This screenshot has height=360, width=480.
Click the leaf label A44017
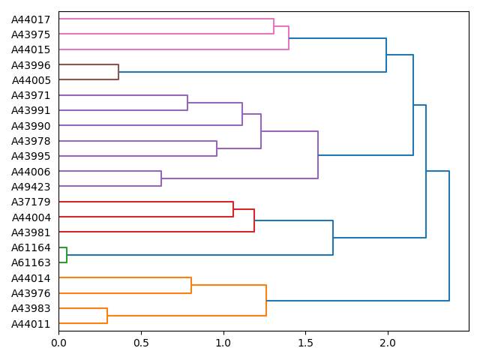point(31,19)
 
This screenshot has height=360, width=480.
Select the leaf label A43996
point(31,64)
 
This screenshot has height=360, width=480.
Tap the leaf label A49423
point(31,187)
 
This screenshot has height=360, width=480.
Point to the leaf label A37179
point(31,202)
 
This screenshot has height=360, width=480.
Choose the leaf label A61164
point(31,247)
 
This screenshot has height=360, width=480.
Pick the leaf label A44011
point(31,324)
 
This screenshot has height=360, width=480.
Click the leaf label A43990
point(31,125)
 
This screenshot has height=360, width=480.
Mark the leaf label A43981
point(31,232)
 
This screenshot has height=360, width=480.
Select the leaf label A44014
point(31,278)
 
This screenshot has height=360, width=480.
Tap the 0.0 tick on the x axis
point(58,343)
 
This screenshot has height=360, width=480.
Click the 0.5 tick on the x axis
point(141,343)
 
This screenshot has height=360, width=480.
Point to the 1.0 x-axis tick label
point(223,343)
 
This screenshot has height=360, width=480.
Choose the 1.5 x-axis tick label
point(305,343)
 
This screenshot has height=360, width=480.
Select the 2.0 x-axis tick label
point(387,343)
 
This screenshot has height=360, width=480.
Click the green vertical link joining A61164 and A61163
point(67,255)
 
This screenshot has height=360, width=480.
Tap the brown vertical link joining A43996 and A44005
point(118,72)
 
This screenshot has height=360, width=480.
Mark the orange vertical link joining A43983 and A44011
point(107,316)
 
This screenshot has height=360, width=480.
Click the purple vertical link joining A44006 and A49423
point(161,178)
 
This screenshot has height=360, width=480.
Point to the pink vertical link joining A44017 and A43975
point(274,26)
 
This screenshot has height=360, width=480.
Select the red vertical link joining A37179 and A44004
point(233,209)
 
